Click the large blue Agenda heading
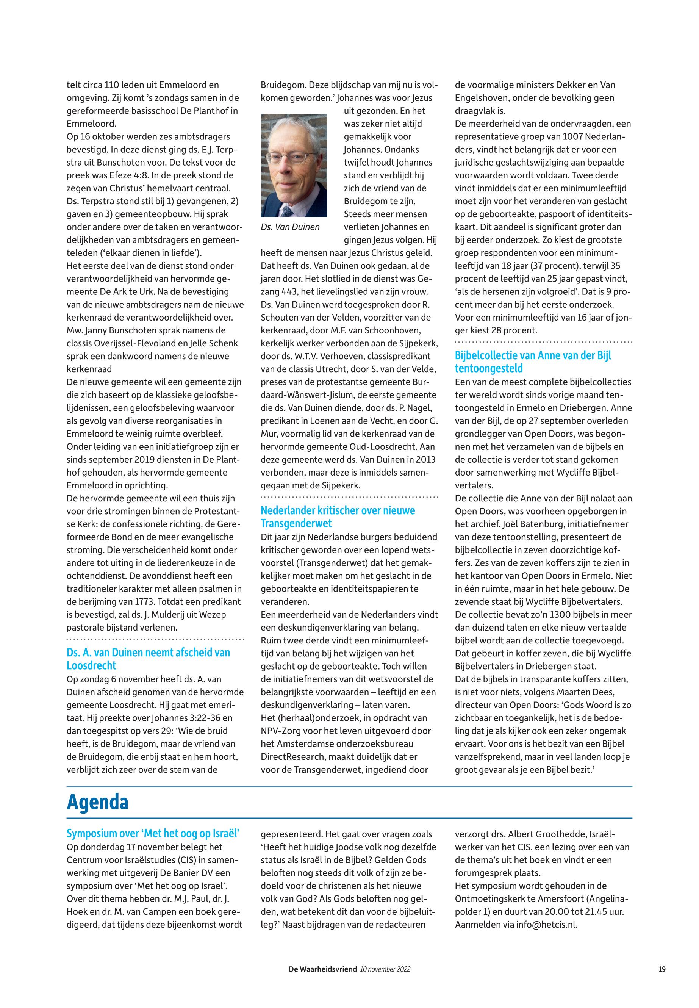98,802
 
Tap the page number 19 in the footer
662,969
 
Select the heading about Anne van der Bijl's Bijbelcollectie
533,362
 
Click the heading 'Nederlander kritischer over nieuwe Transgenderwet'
338,517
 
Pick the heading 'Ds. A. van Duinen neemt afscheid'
148,659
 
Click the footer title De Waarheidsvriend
322,969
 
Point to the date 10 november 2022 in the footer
385,969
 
